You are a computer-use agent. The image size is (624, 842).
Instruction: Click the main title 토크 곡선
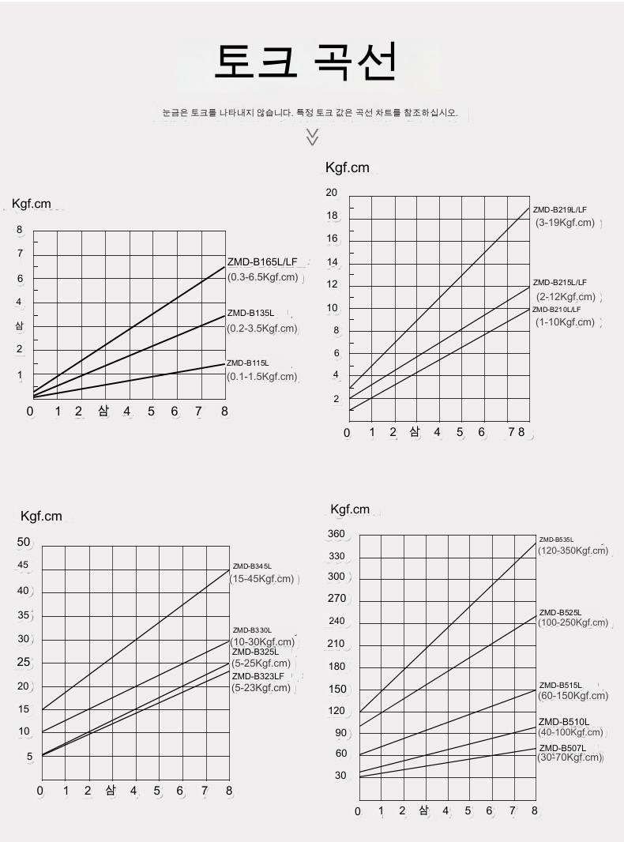point(305,62)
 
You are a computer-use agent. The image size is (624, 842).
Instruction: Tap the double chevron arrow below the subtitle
point(312,137)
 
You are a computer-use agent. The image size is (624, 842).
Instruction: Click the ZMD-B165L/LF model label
point(262,262)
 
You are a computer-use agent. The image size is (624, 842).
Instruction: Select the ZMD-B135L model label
point(250,314)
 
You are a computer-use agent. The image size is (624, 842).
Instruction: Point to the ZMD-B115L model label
point(248,363)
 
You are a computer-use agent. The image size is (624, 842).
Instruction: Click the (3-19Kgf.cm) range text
point(565,223)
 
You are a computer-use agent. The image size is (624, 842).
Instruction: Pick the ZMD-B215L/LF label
point(560,282)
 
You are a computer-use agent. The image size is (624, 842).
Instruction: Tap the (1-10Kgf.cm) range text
point(565,321)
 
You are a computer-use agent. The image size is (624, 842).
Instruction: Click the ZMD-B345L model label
point(252,566)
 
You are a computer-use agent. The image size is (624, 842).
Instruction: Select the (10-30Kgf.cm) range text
point(263,642)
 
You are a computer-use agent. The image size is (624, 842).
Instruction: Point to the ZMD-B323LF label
point(257,676)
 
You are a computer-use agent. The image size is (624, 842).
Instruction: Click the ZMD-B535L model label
point(556,539)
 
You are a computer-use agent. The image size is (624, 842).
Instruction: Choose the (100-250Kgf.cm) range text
point(573,623)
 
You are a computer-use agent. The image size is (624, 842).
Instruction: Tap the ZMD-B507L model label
point(562,747)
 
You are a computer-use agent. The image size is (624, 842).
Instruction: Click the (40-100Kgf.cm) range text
point(570,732)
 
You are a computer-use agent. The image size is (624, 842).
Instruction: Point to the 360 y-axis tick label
point(336,534)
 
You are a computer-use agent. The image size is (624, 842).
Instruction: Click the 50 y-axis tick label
point(24,542)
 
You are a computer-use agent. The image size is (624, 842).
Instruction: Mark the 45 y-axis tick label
point(23,566)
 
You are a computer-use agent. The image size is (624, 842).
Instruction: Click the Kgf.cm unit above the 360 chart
point(350,509)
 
